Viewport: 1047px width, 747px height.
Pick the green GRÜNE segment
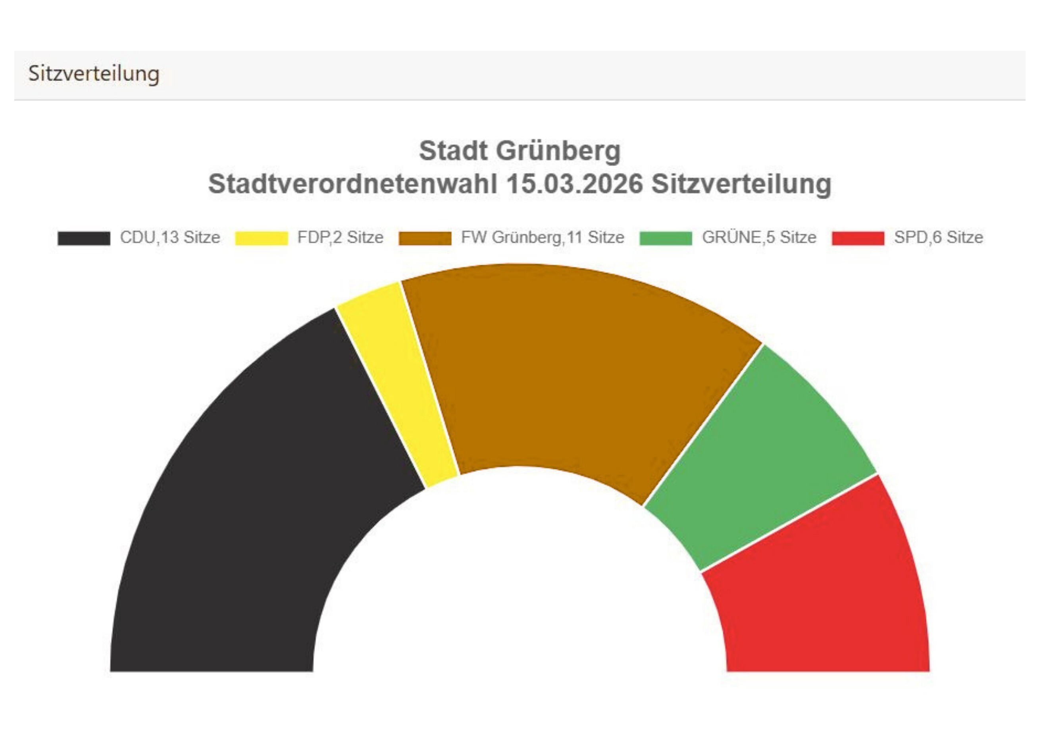point(759,460)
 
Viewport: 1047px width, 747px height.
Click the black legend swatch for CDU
point(84,238)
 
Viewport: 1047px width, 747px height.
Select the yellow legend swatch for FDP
point(261,238)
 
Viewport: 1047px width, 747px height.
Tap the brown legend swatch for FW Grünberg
point(425,238)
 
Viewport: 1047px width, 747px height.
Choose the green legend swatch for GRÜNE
point(665,238)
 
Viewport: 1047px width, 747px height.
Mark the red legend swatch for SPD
point(858,238)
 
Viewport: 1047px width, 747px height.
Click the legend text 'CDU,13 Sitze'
point(170,237)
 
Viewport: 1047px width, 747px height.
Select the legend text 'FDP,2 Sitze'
point(340,237)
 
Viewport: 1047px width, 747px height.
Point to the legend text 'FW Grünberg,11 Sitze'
point(543,237)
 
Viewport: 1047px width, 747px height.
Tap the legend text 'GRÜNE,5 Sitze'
point(759,237)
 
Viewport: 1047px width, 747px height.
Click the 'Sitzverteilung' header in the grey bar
point(94,73)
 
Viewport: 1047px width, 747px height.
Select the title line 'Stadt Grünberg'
point(520,151)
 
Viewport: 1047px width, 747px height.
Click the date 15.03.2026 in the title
point(574,184)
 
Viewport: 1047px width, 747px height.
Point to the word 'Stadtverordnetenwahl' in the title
point(353,184)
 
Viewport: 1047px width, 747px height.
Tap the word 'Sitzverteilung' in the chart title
point(741,184)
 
